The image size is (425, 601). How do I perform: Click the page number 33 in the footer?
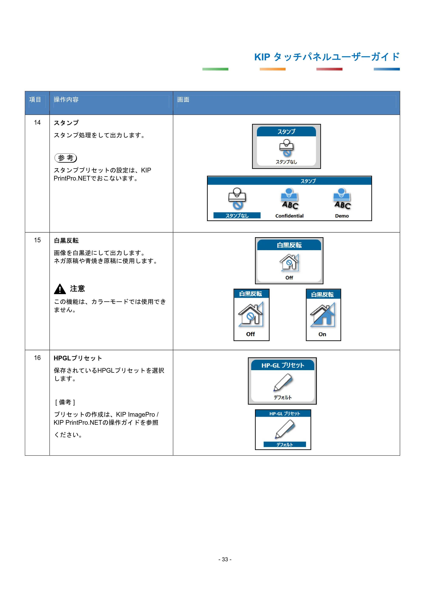coord(225,559)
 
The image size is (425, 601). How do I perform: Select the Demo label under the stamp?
coord(342,216)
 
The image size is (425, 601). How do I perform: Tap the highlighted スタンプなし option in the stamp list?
coord(237,215)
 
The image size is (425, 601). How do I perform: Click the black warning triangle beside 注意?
coord(60,289)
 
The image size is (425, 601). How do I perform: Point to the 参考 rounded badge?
coord(65,158)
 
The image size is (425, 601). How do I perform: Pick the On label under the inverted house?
coord(322,334)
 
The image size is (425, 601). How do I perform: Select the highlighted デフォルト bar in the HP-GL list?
coord(285,444)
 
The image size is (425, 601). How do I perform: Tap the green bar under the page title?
coord(215,69)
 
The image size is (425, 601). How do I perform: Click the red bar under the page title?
coord(329,69)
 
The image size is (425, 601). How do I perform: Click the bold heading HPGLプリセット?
coord(78,358)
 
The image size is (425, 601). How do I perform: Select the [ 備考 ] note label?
coord(65,402)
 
